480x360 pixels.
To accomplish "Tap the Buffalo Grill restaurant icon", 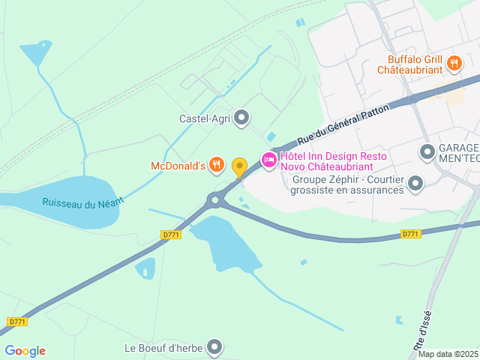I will click(x=454, y=64).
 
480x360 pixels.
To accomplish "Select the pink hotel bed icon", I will click(x=268, y=160).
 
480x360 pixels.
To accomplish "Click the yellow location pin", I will click(x=239, y=167).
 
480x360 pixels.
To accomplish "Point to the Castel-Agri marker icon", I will click(x=241, y=118).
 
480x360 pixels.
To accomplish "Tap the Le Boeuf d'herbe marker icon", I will click(x=215, y=347).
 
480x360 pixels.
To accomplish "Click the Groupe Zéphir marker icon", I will click(x=414, y=183).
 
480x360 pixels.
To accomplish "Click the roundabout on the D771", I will click(x=216, y=199).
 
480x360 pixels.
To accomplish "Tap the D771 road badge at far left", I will click(x=17, y=322).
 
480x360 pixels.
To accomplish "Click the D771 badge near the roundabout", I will click(x=171, y=235).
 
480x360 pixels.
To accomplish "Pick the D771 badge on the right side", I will click(x=409, y=234).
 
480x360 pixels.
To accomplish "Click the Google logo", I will click(x=25, y=351).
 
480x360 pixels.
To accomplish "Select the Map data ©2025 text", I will click(x=447, y=354).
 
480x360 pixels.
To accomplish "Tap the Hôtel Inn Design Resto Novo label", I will click(x=334, y=161).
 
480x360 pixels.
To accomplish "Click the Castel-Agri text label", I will click(x=203, y=118).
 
